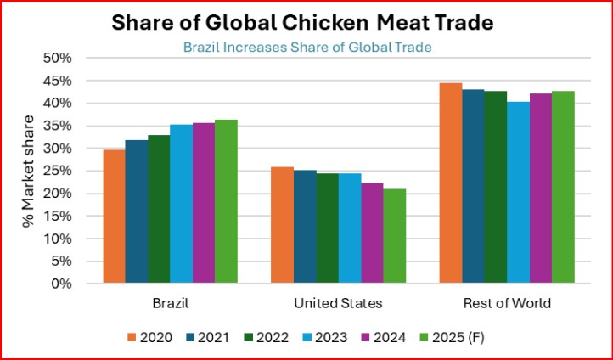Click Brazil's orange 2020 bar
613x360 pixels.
tap(114, 217)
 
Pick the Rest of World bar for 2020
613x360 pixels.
tap(451, 183)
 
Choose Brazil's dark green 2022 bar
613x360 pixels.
tap(159, 209)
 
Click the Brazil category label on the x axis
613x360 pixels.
tap(170, 303)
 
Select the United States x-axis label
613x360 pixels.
tap(338, 303)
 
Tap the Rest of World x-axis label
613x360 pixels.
tap(507, 303)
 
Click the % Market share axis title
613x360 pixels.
tap(31, 171)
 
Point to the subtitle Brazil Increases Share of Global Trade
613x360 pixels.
tap(307, 47)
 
